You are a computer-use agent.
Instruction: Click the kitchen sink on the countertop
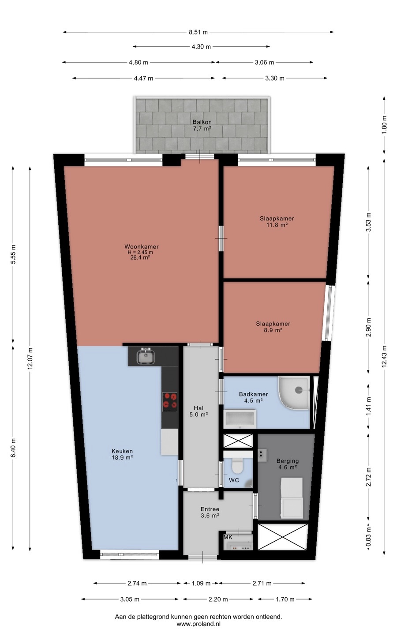pos(146,356)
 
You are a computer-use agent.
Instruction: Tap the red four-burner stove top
pos(170,402)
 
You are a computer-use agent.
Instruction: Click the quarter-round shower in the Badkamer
pos(294,393)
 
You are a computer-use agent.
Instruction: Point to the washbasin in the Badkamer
pos(240,419)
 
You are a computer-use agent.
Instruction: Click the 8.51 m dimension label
pos(198,32)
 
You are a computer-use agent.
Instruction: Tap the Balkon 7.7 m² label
pos(202,125)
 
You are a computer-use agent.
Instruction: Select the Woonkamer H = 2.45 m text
pos(142,249)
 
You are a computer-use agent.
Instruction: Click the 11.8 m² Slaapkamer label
pos(277,222)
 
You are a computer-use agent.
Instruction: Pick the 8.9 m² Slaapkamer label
pos(273,327)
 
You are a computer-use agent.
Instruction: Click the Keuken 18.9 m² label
pos(122,454)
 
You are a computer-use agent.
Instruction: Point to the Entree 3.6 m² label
pos(210,512)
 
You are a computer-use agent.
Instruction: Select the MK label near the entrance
pos(228,537)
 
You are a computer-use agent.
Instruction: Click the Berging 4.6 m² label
pos(288,464)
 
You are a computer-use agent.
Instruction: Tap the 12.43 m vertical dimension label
pos(384,356)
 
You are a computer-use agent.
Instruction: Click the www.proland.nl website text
pos(198,624)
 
